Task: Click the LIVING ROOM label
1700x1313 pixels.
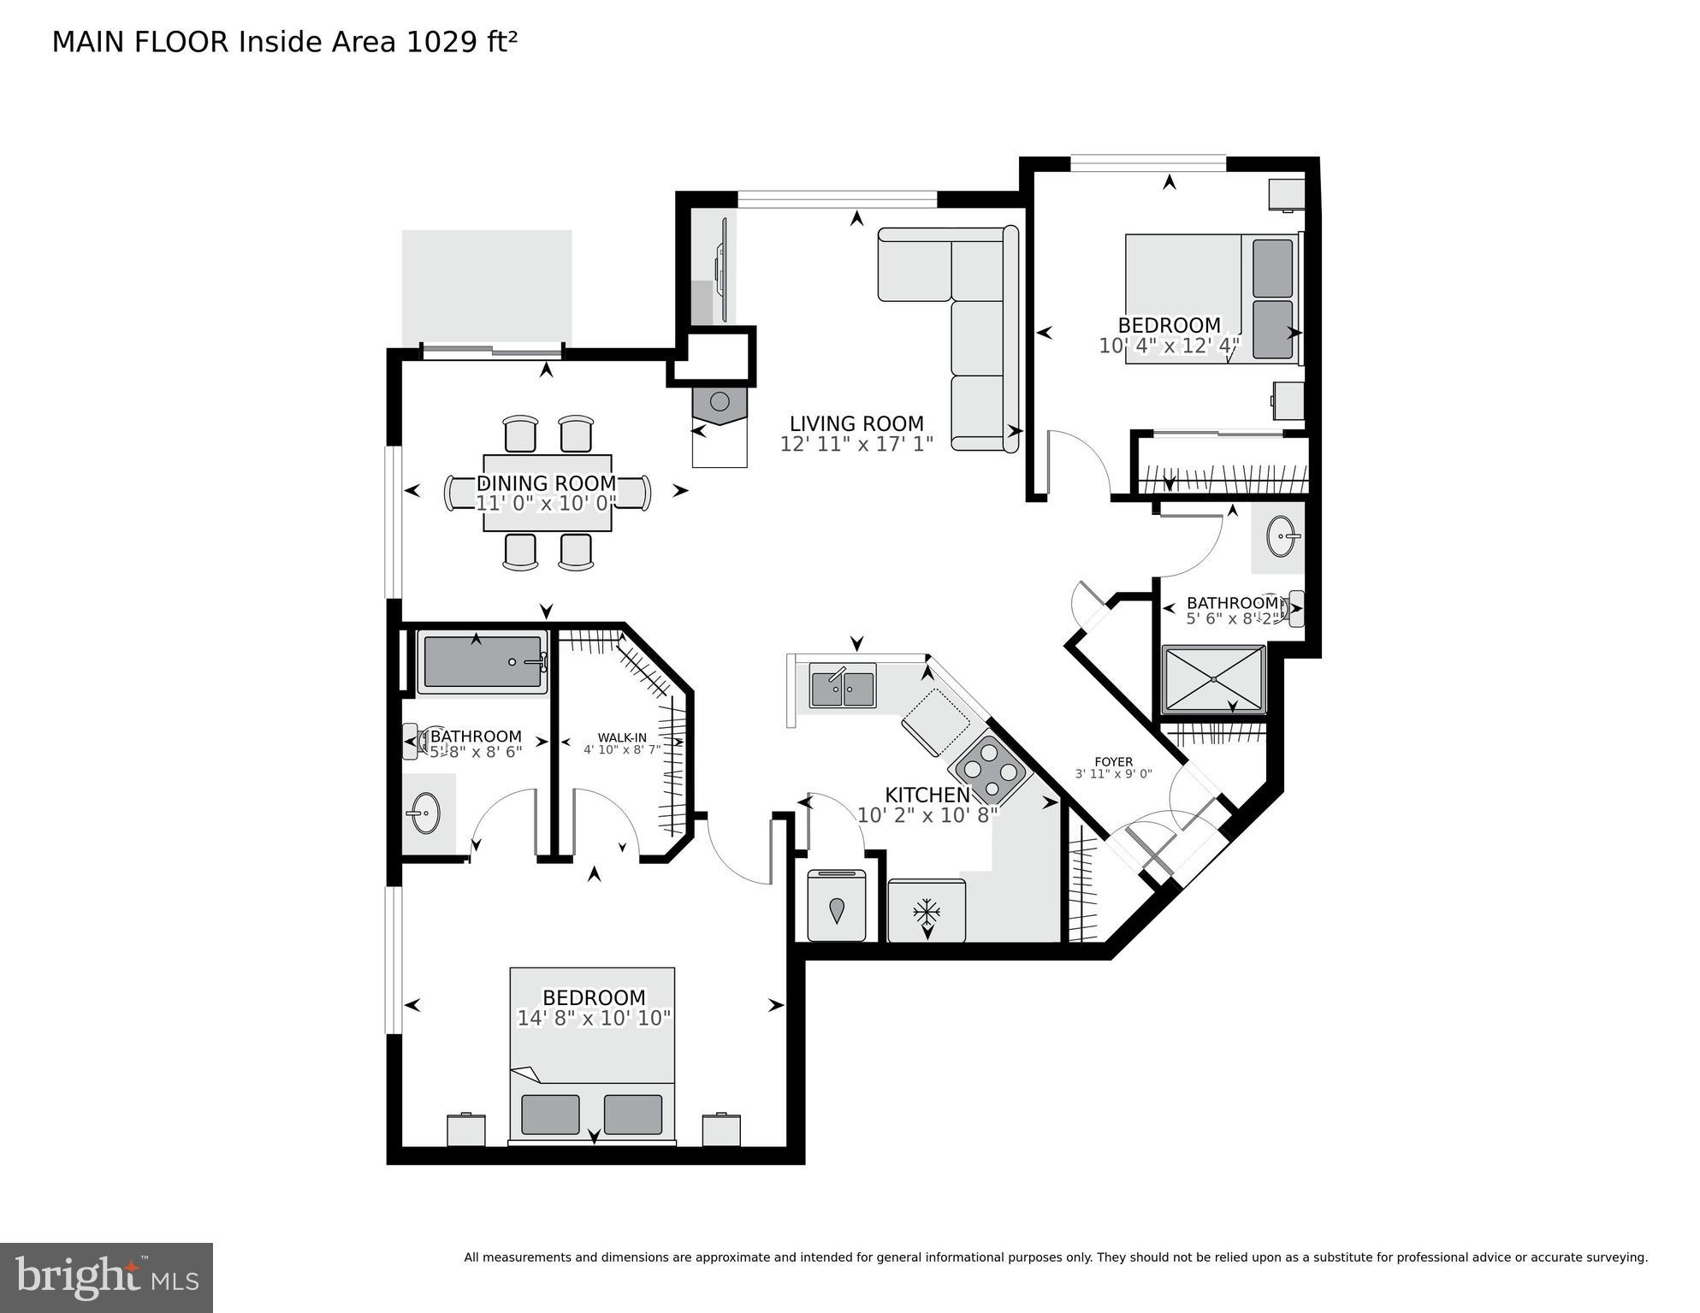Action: coord(856,423)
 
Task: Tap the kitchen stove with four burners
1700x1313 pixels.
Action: coord(992,772)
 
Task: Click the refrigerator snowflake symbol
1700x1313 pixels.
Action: coord(926,913)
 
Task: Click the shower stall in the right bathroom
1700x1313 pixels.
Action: coord(1213,679)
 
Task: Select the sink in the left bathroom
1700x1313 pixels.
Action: coord(424,813)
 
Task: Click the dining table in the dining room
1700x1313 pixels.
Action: coord(547,493)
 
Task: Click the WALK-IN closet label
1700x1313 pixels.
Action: coord(622,737)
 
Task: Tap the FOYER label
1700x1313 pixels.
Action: coord(1113,761)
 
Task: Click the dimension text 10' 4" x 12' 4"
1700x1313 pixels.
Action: coord(1169,346)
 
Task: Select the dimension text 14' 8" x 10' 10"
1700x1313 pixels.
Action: coord(594,1019)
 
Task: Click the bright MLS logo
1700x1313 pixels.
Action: coord(106,1277)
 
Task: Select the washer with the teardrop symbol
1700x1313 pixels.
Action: coord(836,908)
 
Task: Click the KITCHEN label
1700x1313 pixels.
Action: coord(927,795)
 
